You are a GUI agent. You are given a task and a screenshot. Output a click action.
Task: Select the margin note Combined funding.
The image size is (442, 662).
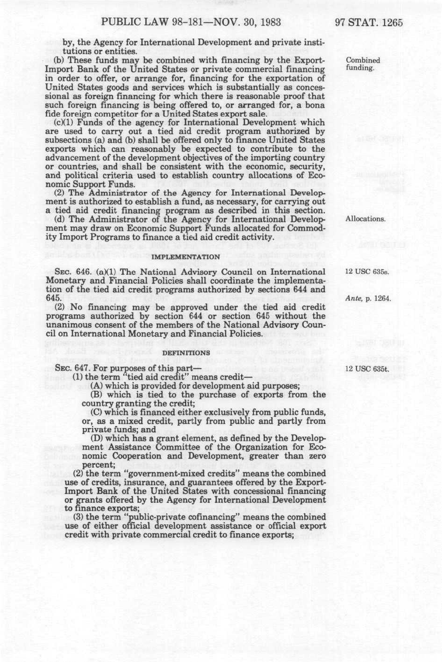click(x=363, y=64)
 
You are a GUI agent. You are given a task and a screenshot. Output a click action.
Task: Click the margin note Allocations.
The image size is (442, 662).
click(x=365, y=219)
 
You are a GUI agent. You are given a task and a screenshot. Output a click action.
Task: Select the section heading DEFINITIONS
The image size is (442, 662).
click(x=186, y=352)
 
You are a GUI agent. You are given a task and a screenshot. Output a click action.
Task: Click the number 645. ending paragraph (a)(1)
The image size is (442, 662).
click(x=52, y=298)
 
